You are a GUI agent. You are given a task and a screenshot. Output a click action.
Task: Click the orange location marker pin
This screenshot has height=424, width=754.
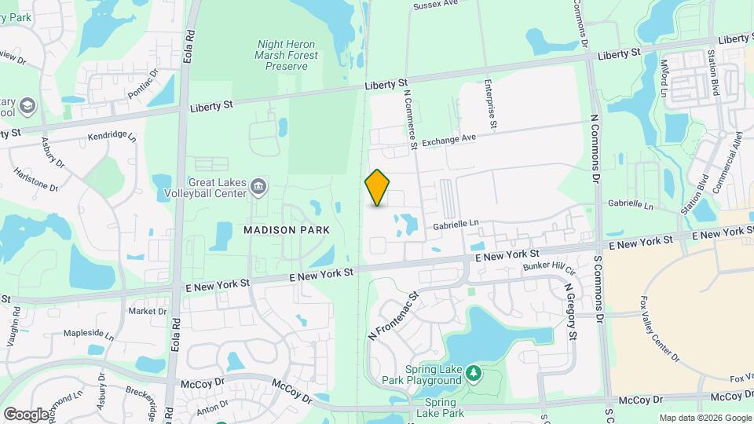tap(378, 188)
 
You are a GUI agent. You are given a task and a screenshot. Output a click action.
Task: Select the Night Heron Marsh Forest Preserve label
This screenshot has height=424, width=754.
tap(287, 56)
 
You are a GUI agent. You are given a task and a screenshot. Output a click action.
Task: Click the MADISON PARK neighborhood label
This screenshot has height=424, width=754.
tap(287, 230)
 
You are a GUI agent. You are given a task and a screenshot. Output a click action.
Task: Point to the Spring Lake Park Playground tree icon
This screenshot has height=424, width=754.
tap(473, 371)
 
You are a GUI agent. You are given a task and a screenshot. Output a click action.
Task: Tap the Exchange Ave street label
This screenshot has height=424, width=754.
tap(449, 141)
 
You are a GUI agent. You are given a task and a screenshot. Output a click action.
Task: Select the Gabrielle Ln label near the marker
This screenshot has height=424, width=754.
tap(456, 225)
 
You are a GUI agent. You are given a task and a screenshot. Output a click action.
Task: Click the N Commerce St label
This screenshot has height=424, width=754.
tap(408, 118)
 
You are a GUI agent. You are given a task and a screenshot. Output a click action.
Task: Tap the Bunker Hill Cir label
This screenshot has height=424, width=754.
tap(549, 270)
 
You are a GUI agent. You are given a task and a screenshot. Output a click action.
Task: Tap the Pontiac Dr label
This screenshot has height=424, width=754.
tap(143, 83)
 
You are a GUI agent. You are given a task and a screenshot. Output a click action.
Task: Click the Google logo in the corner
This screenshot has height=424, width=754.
tap(25, 414)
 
